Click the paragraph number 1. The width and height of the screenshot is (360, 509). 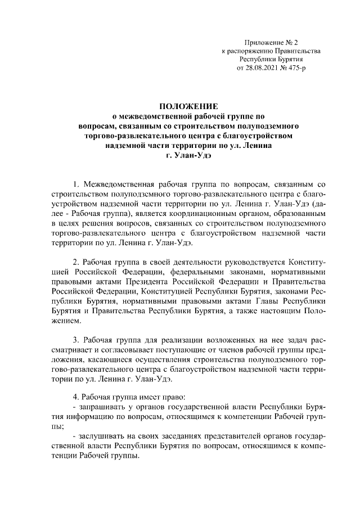76,184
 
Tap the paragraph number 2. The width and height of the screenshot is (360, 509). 76,262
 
